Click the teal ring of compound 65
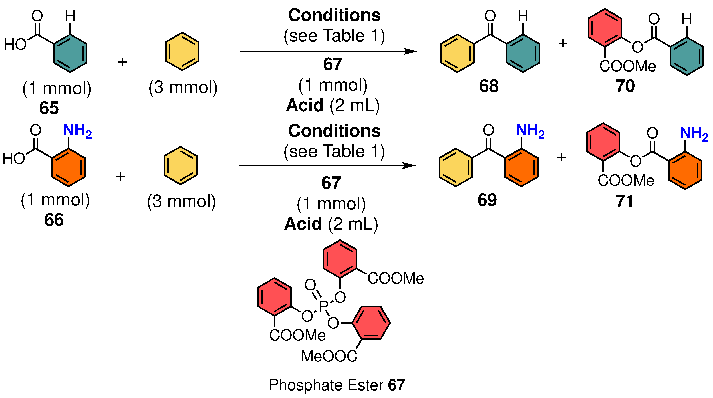pos(70,54)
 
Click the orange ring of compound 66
pos(69,168)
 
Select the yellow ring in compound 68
pos(457,54)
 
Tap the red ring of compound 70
pos(605,28)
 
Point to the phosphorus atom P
pos(323,306)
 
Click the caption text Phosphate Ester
pos(326,385)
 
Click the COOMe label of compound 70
pos(627,66)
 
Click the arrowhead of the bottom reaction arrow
pos(410,165)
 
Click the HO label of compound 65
pos(15,44)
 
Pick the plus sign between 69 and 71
pos(561,157)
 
